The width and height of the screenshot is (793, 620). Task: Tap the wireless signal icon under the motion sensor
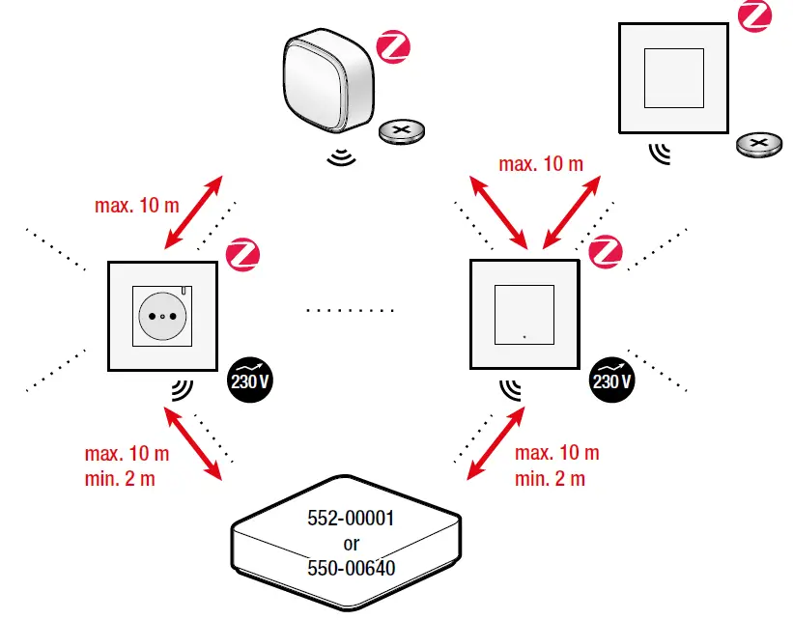pyautogui.click(x=341, y=156)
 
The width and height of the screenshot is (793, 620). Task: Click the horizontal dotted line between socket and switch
pyautogui.click(x=350, y=311)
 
